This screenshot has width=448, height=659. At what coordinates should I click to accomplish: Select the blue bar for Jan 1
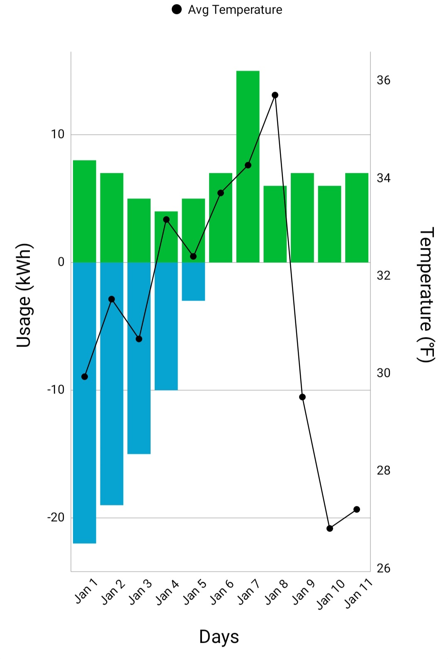[x=85, y=402]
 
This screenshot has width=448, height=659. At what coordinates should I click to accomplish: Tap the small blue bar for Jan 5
[x=193, y=281]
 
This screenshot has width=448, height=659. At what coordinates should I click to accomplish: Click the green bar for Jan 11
[x=356, y=217]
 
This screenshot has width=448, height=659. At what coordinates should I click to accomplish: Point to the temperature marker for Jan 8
[x=275, y=95]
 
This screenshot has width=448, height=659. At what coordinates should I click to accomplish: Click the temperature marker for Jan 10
[x=330, y=528]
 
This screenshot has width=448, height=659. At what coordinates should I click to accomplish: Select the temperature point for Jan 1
[x=85, y=377]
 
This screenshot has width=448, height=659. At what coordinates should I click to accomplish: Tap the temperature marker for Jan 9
[x=302, y=397]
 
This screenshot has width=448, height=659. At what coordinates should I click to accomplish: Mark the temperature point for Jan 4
[x=166, y=219]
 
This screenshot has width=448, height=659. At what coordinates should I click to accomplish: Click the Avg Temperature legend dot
[x=177, y=10]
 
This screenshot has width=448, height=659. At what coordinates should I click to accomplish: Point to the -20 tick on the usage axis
[x=56, y=518]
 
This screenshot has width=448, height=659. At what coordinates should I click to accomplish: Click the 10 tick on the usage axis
[x=58, y=134]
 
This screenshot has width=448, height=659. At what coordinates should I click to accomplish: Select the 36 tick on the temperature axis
[x=384, y=80]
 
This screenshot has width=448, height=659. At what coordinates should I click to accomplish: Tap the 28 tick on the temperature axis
[x=384, y=471]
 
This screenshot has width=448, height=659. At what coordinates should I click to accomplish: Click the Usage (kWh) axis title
[x=24, y=295]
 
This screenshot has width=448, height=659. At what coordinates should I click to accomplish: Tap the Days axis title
[x=219, y=637]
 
